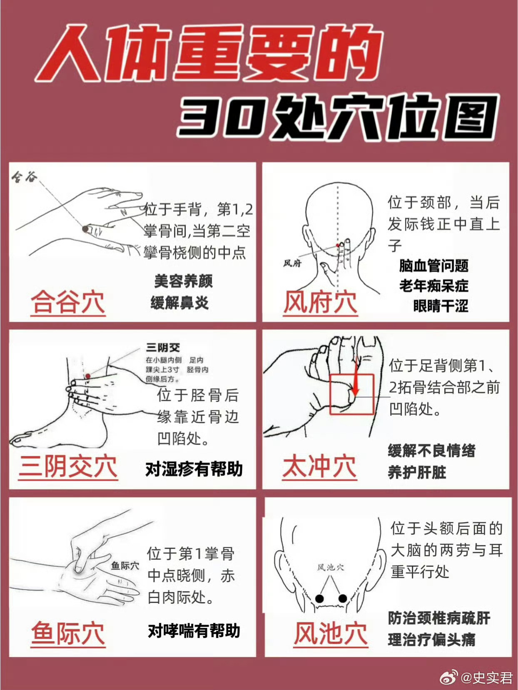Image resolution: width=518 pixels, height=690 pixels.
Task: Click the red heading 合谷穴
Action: (x=67, y=303)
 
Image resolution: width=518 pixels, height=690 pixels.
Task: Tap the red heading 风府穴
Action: (x=320, y=303)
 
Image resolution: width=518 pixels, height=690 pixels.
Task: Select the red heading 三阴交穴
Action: (x=68, y=467)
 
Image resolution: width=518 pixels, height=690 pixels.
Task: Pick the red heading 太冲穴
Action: (x=319, y=467)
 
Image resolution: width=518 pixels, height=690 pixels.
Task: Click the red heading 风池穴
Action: (x=331, y=634)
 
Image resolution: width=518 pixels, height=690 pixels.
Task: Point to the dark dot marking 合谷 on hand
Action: (x=85, y=229)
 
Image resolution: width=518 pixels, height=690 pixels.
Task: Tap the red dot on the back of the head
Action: (x=337, y=245)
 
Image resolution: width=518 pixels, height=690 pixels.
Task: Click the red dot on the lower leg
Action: (x=88, y=376)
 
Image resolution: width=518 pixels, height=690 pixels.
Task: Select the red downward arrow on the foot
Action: (x=356, y=376)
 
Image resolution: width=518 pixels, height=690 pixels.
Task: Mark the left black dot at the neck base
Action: (x=319, y=598)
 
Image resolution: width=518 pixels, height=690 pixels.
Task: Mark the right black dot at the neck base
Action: (x=343, y=598)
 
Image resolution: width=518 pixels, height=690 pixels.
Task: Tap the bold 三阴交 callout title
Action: (x=162, y=347)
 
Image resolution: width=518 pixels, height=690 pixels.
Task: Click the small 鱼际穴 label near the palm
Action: (x=125, y=566)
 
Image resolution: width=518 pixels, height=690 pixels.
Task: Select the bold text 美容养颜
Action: (x=183, y=281)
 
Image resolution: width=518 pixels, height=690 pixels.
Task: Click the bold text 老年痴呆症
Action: (x=434, y=286)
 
